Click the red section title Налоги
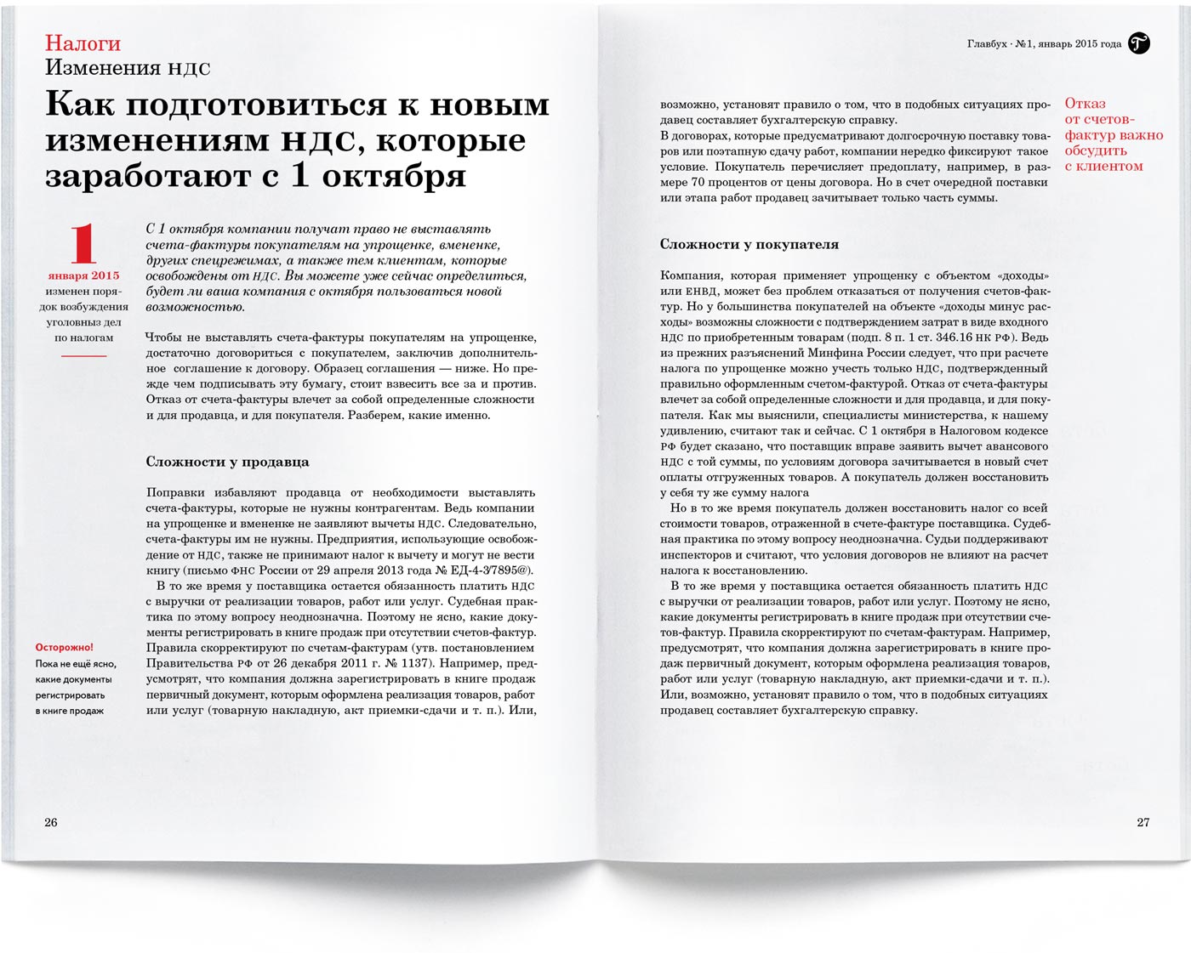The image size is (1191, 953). pyautogui.click(x=83, y=43)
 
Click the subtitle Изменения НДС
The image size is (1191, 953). pyautogui.click(x=128, y=68)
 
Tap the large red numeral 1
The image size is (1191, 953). pyautogui.click(x=83, y=244)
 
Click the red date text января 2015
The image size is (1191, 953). pyautogui.click(x=83, y=275)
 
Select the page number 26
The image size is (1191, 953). pyautogui.click(x=51, y=822)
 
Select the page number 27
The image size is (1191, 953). pyautogui.click(x=1143, y=822)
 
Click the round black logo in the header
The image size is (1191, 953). pyautogui.click(x=1139, y=43)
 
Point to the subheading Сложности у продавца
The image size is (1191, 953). pyautogui.click(x=227, y=462)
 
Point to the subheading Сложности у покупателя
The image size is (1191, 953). pyautogui.click(x=749, y=244)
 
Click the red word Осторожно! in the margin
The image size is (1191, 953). pyautogui.click(x=65, y=648)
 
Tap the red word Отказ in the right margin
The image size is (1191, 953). pyautogui.click(x=1085, y=104)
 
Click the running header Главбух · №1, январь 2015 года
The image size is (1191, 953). pyautogui.click(x=1044, y=44)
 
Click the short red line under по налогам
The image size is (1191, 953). pyautogui.click(x=83, y=355)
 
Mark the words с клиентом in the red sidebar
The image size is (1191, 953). pyautogui.click(x=1103, y=166)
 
